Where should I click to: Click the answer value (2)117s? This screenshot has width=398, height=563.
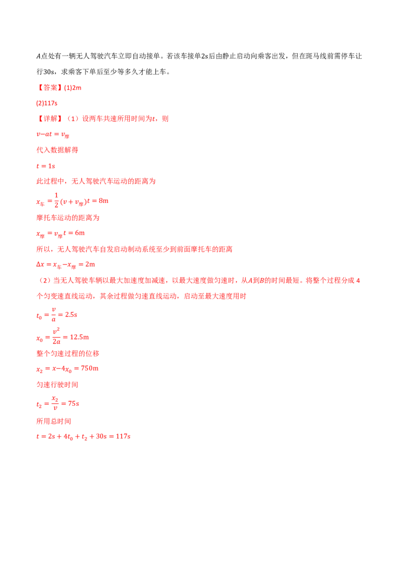point(47,103)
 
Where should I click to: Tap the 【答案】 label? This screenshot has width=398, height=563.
point(50,88)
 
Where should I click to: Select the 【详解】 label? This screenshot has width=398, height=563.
point(50,118)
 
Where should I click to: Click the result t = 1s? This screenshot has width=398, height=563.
point(46,166)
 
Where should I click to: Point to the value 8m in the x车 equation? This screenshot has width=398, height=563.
point(103,201)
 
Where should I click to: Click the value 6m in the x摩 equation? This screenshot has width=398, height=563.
point(80,233)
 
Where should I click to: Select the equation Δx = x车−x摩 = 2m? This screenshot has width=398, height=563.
point(66,265)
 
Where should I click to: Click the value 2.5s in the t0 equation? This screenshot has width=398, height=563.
point(71,314)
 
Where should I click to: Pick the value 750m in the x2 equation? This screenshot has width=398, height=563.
point(90,369)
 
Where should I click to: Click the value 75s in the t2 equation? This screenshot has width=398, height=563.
point(74,403)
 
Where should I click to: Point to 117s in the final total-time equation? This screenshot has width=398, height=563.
point(123,437)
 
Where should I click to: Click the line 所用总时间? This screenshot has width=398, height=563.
point(54,421)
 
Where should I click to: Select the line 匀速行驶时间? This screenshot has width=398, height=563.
point(58,384)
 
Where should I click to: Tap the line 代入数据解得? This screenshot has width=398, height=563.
point(58,150)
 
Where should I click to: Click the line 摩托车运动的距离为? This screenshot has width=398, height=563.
point(68,217)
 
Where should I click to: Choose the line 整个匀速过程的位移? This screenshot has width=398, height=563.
point(68,353)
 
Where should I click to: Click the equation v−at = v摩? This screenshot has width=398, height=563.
point(53,135)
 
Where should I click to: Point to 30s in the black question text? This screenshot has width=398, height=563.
point(48,72)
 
